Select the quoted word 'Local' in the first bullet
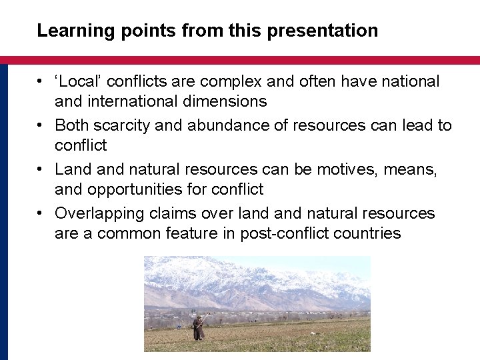pos(79,81)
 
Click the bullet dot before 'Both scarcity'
pos(41,125)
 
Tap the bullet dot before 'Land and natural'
pos(41,169)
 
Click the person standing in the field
pos(198,327)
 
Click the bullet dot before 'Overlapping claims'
pos(41,213)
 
